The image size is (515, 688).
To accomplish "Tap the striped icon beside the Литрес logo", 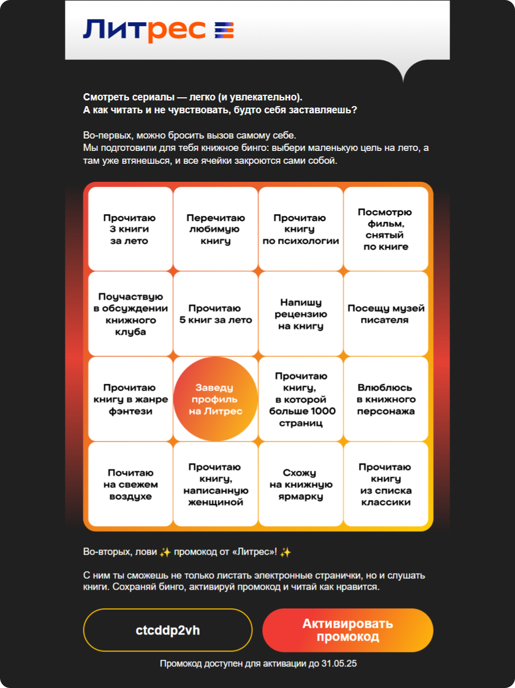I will [224, 30].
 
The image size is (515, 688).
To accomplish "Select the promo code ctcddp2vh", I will [167, 630].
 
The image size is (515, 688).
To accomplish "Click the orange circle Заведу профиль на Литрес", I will [215, 399].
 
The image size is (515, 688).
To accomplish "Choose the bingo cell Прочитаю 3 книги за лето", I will [130, 229].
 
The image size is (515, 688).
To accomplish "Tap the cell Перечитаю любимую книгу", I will [215, 229].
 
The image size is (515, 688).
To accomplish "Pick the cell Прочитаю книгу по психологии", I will [300, 229].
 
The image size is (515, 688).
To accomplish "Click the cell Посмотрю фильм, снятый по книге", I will [386, 229].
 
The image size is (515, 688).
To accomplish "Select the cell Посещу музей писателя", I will [386, 314].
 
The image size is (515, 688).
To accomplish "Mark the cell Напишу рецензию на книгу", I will [300, 314].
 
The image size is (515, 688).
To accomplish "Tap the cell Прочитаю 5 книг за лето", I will [215, 314].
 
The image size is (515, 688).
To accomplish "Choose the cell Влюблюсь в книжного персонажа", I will [386, 399].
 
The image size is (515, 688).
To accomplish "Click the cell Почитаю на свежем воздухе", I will [130, 484].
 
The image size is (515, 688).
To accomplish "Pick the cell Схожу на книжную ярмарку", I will [300, 484].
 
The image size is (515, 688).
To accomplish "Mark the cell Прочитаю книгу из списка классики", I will [386, 484].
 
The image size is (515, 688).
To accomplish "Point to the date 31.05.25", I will [339, 663].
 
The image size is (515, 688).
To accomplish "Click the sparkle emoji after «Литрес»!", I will [285, 552].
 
